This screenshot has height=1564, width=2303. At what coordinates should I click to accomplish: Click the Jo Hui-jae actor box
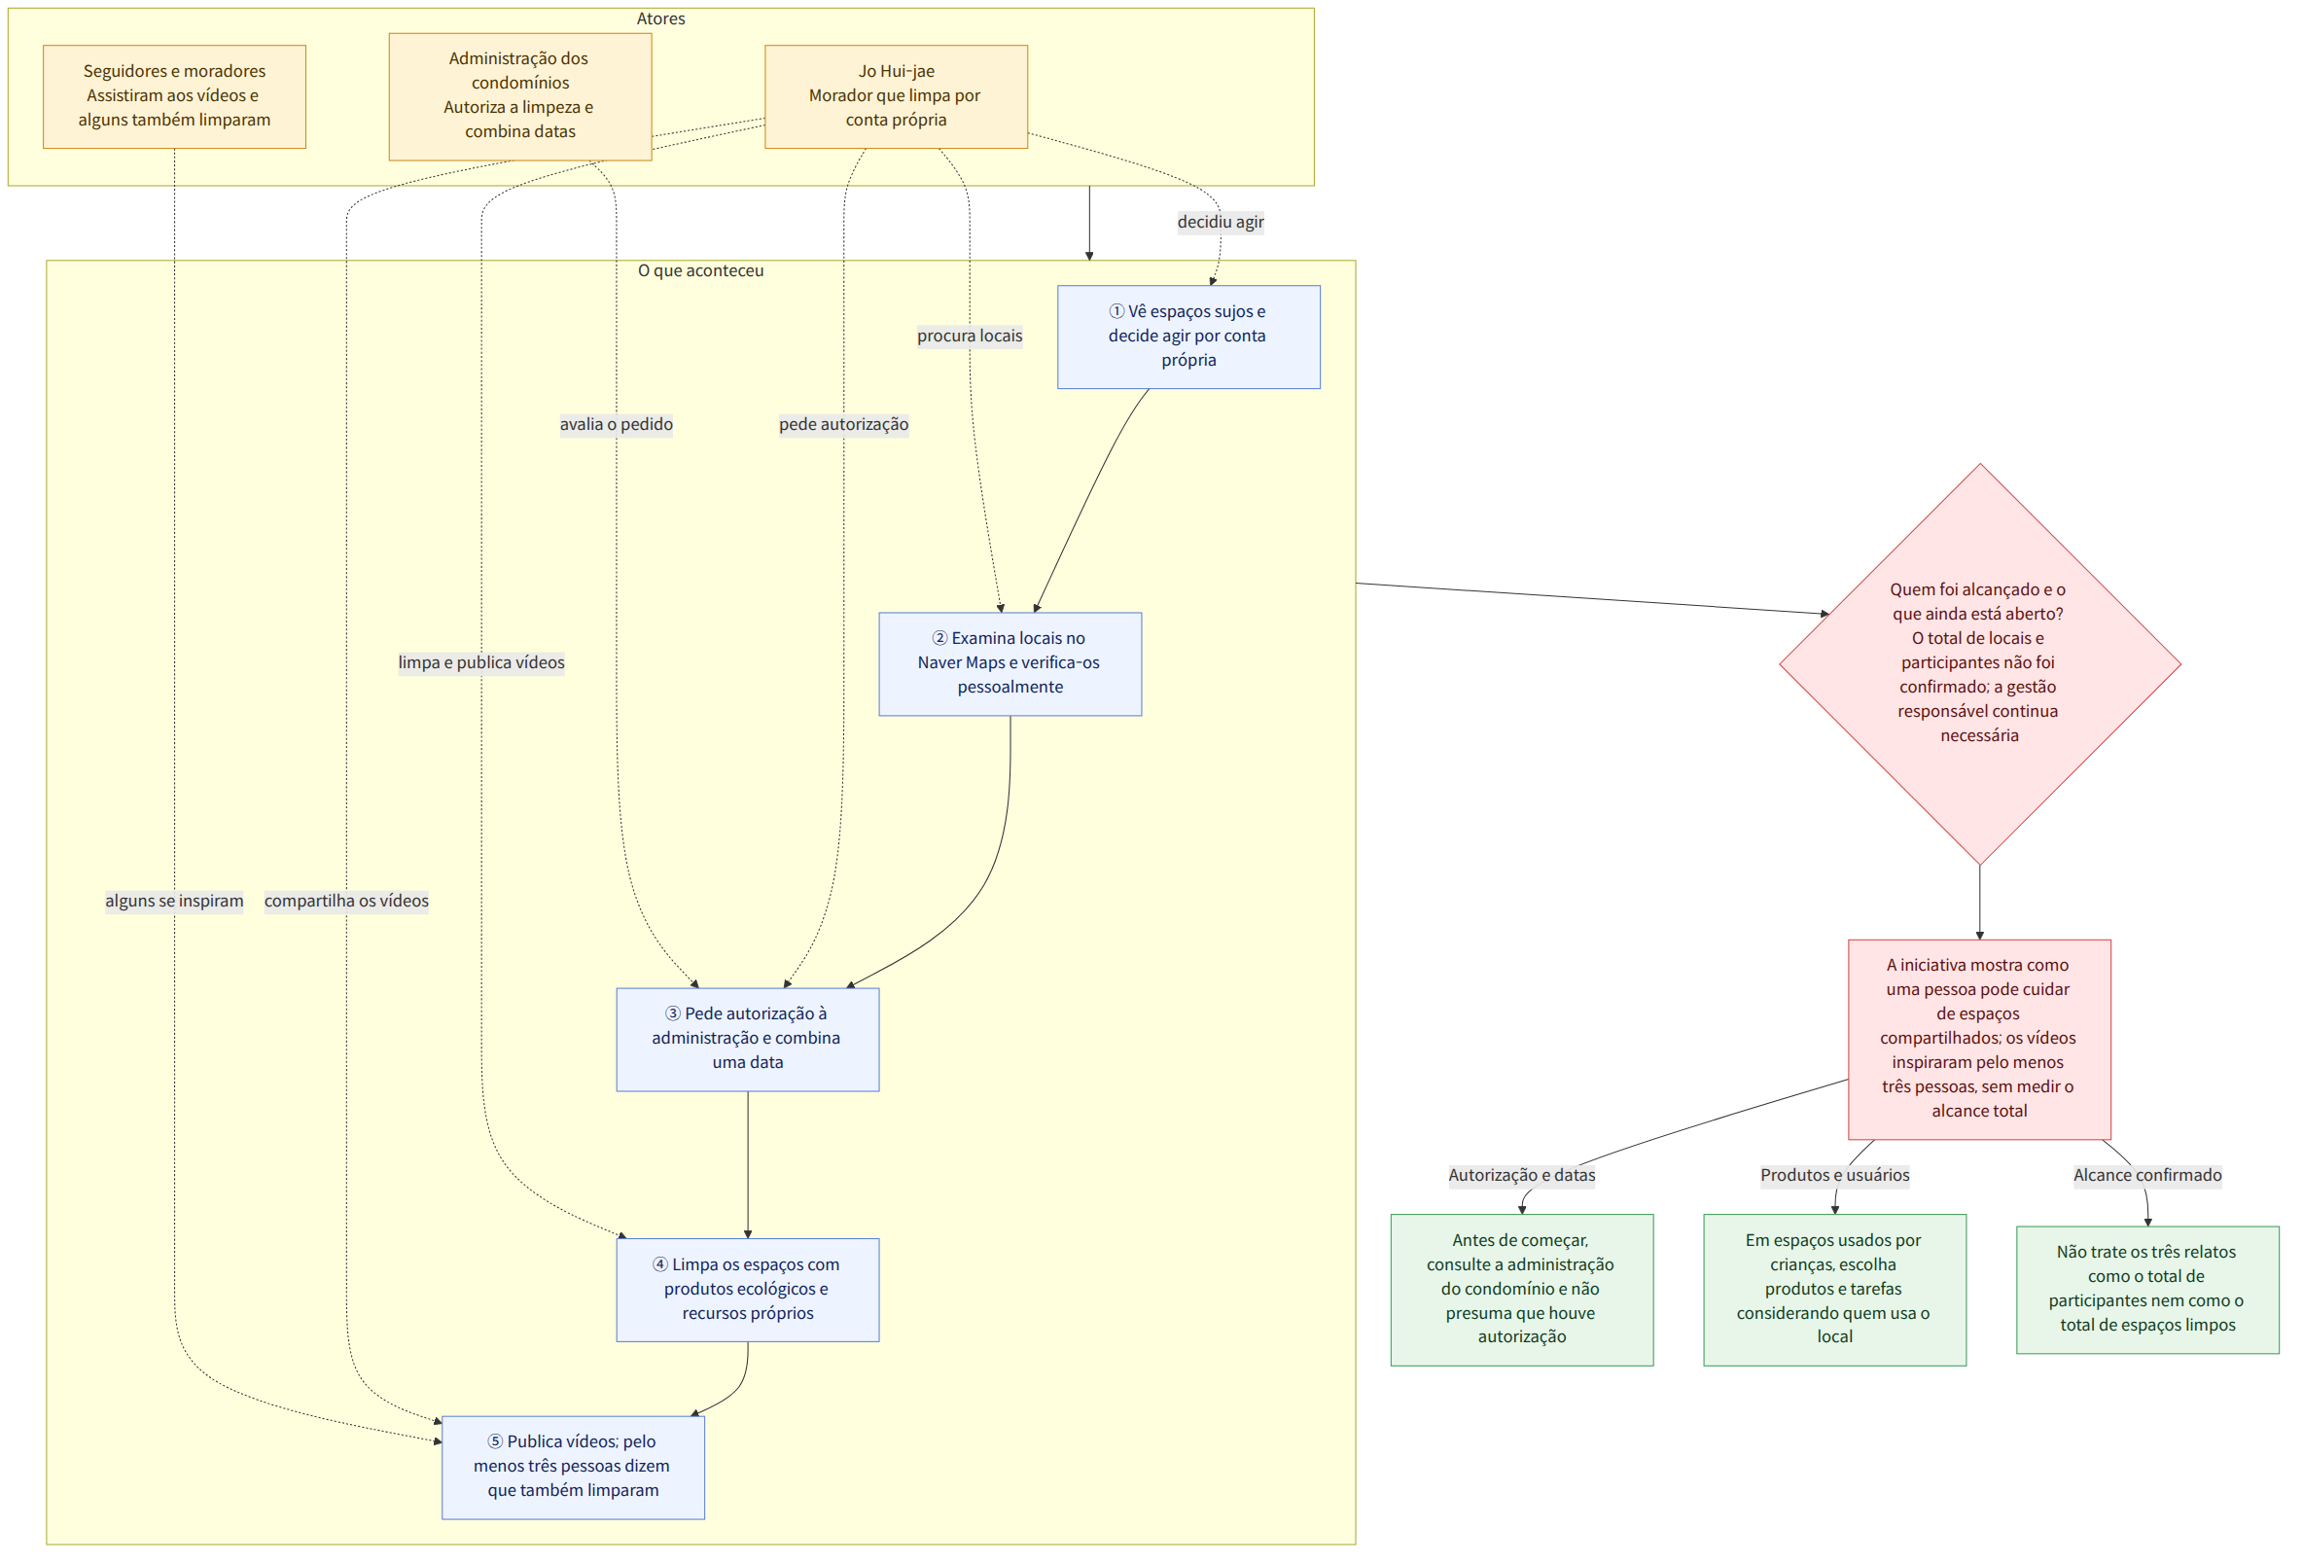pyautogui.click(x=896, y=96)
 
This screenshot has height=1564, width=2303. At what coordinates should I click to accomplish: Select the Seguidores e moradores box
pyautogui.click(x=174, y=96)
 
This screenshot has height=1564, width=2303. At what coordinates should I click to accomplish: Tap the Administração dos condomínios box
pyautogui.click(x=520, y=96)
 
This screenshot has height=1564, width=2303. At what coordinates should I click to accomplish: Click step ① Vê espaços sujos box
pyautogui.click(x=1188, y=337)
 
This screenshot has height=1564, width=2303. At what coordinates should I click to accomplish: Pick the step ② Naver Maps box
pyautogui.click(x=1010, y=664)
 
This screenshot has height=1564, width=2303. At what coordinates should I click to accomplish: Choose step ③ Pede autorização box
pyautogui.click(x=747, y=1040)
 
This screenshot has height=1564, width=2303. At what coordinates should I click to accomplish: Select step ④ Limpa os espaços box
pyautogui.click(x=747, y=1290)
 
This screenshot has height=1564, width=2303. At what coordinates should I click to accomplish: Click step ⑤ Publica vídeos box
pyautogui.click(x=573, y=1467)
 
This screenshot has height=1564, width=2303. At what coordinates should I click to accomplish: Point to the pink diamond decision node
pyautogui.click(x=1979, y=664)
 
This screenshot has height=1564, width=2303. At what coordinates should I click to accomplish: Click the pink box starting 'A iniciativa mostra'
pyautogui.click(x=1979, y=1040)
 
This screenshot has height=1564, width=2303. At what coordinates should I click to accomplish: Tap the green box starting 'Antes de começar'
pyautogui.click(x=1521, y=1290)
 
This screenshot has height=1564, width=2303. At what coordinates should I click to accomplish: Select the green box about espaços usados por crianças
pyautogui.click(x=1834, y=1290)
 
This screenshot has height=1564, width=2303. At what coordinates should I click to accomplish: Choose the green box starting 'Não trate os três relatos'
pyautogui.click(x=2147, y=1290)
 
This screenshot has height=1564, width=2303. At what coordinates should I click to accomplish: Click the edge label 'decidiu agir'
pyautogui.click(x=1220, y=222)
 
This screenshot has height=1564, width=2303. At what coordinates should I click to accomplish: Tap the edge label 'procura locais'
pyautogui.click(x=970, y=336)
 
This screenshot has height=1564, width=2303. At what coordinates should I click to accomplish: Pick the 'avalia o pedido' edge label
pyautogui.click(x=617, y=424)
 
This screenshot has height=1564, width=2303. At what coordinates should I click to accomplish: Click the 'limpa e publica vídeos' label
pyautogui.click(x=481, y=663)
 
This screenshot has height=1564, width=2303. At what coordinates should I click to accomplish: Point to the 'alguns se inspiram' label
pyautogui.click(x=174, y=901)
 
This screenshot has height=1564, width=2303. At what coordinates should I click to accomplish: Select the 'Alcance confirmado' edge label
pyautogui.click(x=2147, y=1176)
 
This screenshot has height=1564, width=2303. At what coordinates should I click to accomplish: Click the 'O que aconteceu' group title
pyautogui.click(x=700, y=270)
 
